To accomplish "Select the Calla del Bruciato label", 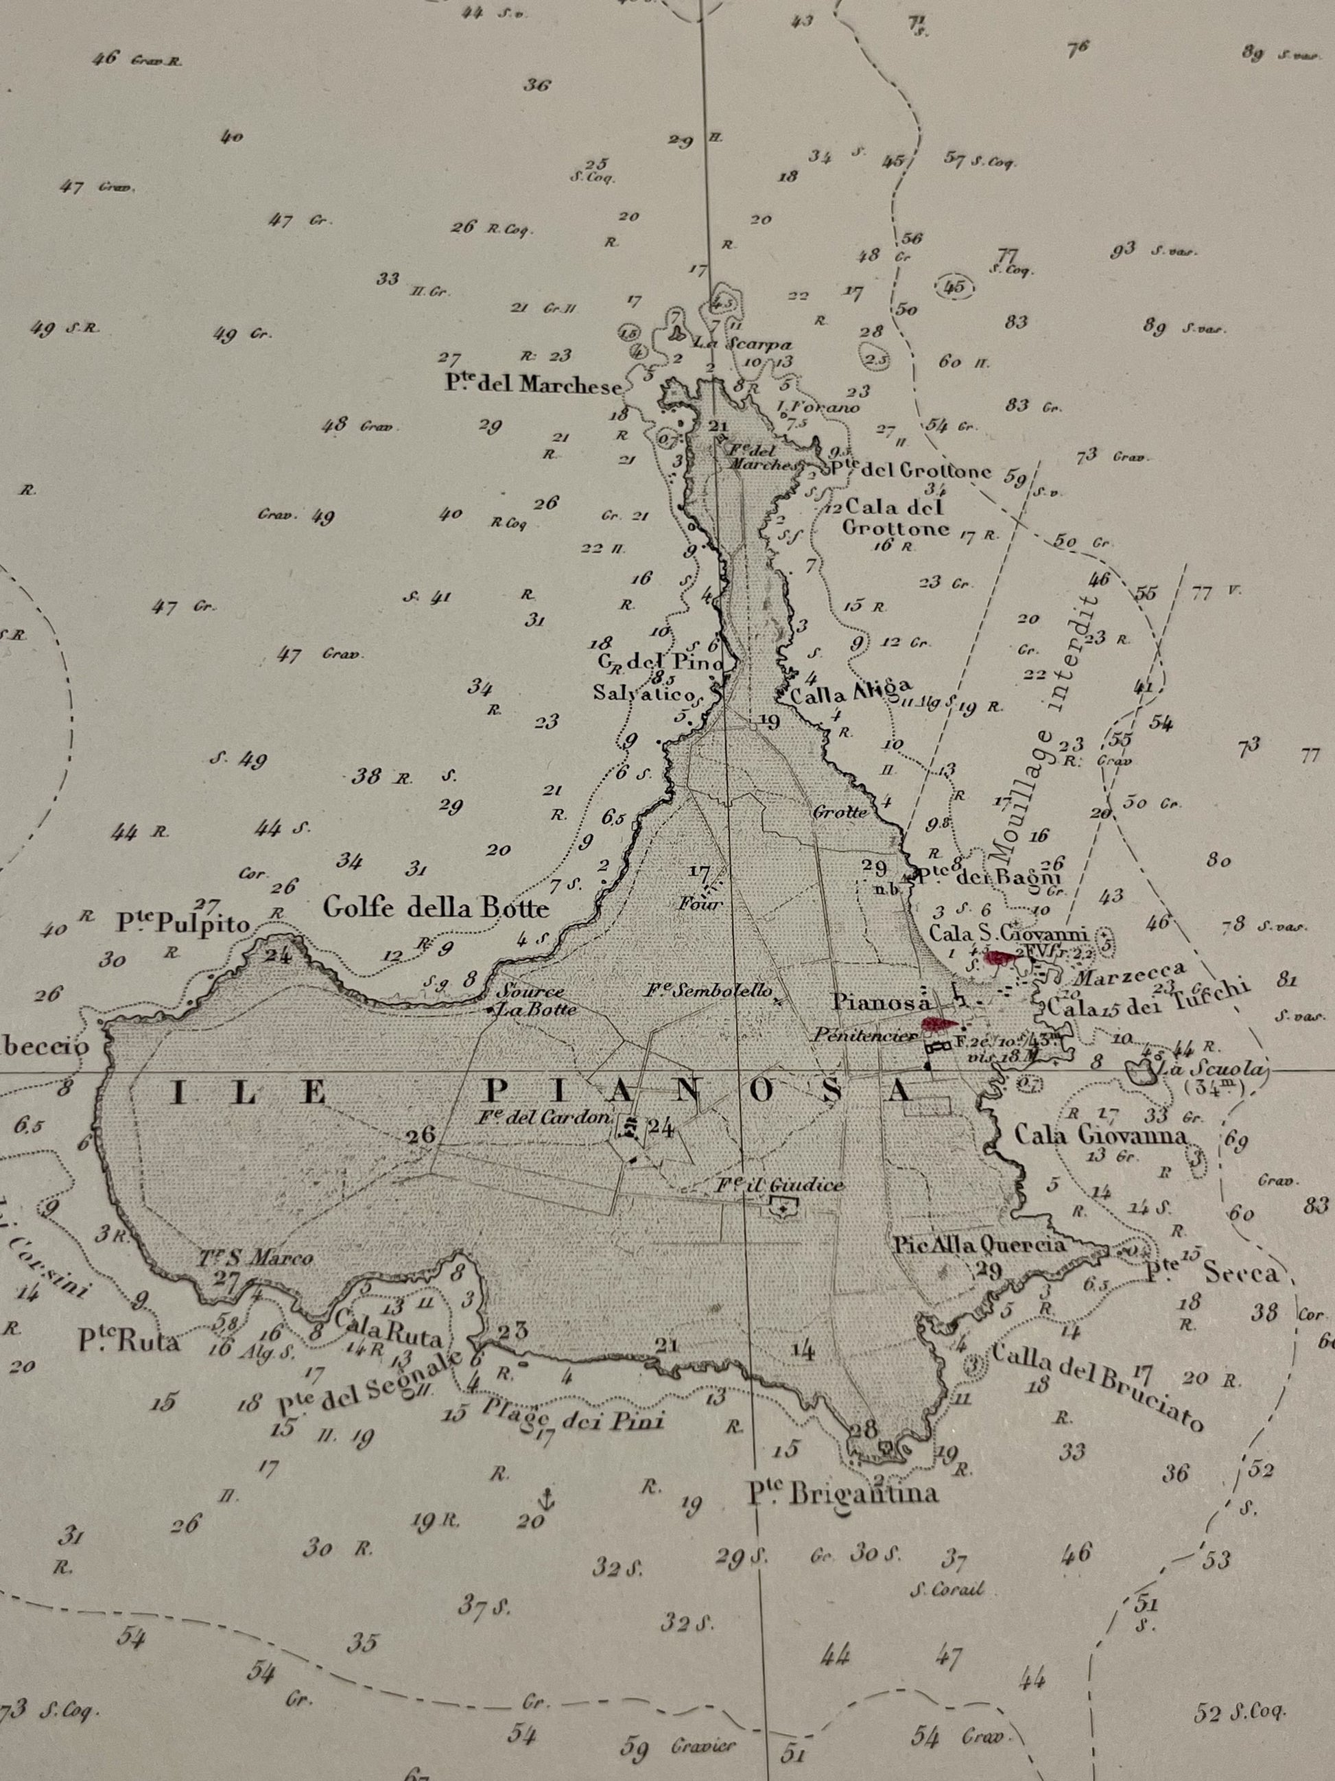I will click(1097, 1386).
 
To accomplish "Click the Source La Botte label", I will click(530, 1000).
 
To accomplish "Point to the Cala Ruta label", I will click(390, 1328).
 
